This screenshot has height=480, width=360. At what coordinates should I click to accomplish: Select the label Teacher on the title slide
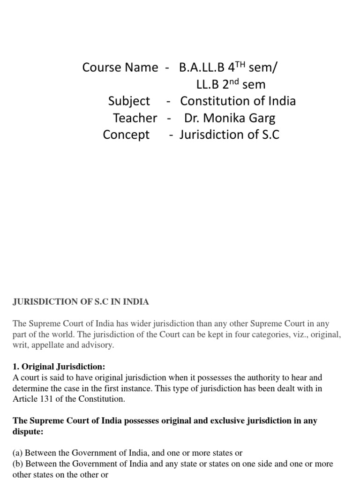click(x=135, y=118)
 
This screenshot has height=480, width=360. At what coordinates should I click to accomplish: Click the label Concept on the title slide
click(x=126, y=135)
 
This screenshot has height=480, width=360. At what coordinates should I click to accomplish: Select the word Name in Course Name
click(x=141, y=67)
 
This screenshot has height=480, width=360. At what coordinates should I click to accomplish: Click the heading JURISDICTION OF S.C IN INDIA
click(x=81, y=302)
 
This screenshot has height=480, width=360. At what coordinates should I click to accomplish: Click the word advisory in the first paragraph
click(x=97, y=345)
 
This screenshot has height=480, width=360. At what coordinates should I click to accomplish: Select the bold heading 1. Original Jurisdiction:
click(x=63, y=366)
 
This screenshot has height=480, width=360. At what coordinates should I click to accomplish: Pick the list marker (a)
click(x=18, y=453)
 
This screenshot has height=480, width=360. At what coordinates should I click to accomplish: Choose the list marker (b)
click(x=18, y=464)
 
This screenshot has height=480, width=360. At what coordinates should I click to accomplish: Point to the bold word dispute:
click(x=28, y=431)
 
